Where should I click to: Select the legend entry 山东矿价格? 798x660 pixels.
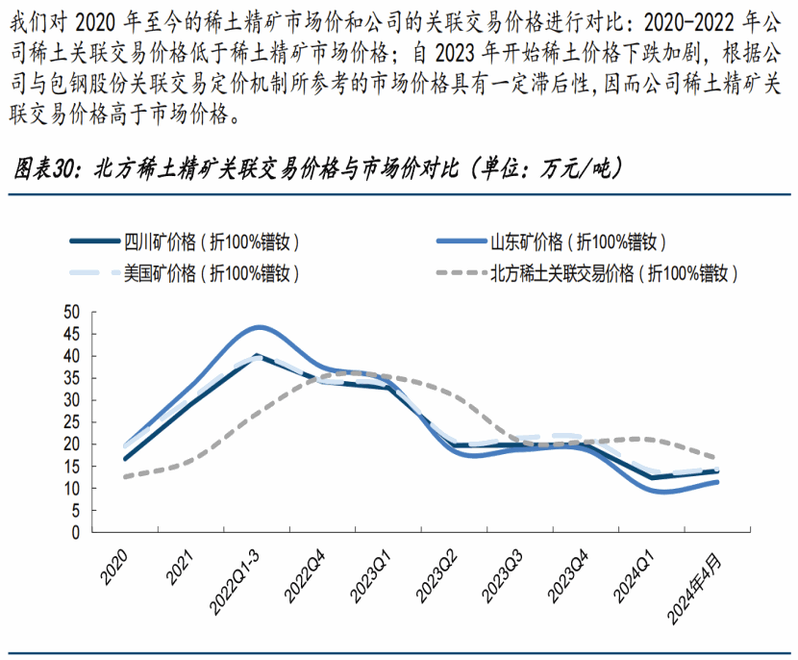point(578,241)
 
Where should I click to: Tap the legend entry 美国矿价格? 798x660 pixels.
point(211,272)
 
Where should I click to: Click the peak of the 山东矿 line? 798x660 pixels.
point(258,327)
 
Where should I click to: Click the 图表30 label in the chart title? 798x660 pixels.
point(44,170)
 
